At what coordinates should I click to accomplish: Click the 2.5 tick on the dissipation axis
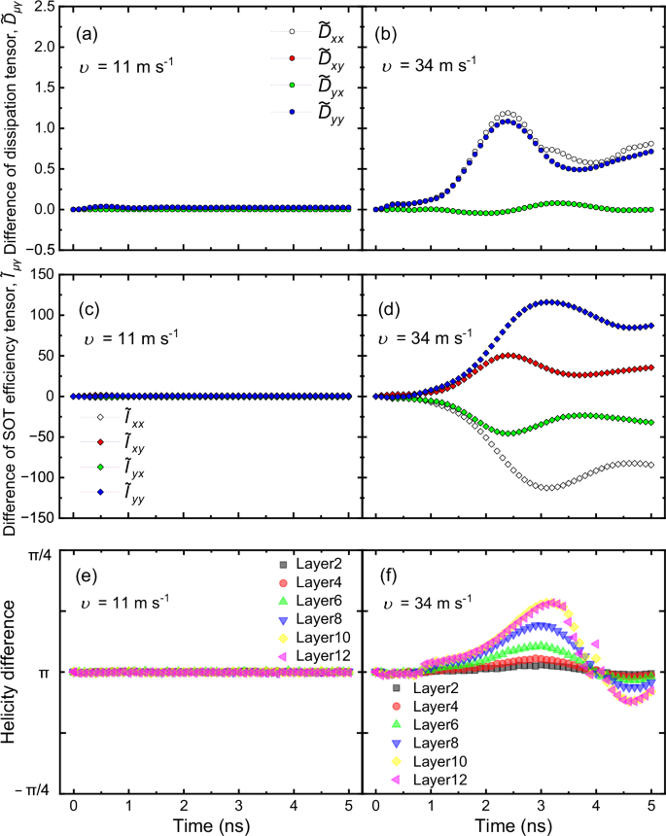pos(42,7)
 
